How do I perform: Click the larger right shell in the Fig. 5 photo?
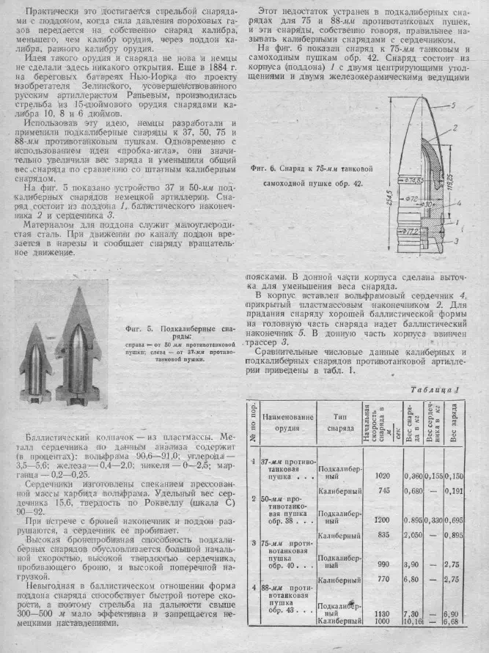coord(78,344)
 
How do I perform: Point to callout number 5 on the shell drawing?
coord(455,106)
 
